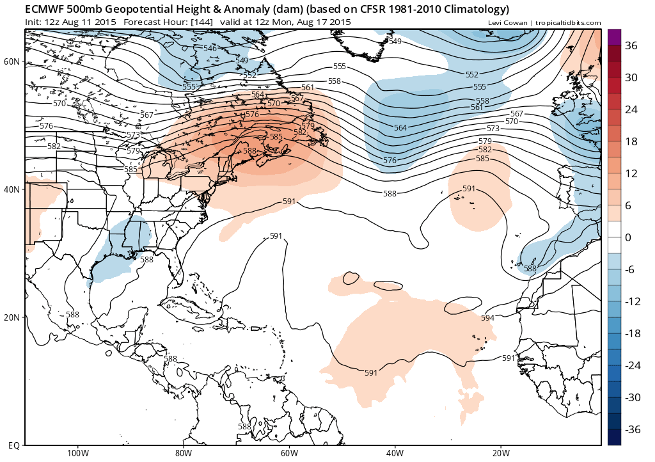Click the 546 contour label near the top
210,49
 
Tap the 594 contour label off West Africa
487,318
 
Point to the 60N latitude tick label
12,61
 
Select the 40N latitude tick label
12,189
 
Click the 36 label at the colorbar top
632,45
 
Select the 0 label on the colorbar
628,237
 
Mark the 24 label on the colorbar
631,109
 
